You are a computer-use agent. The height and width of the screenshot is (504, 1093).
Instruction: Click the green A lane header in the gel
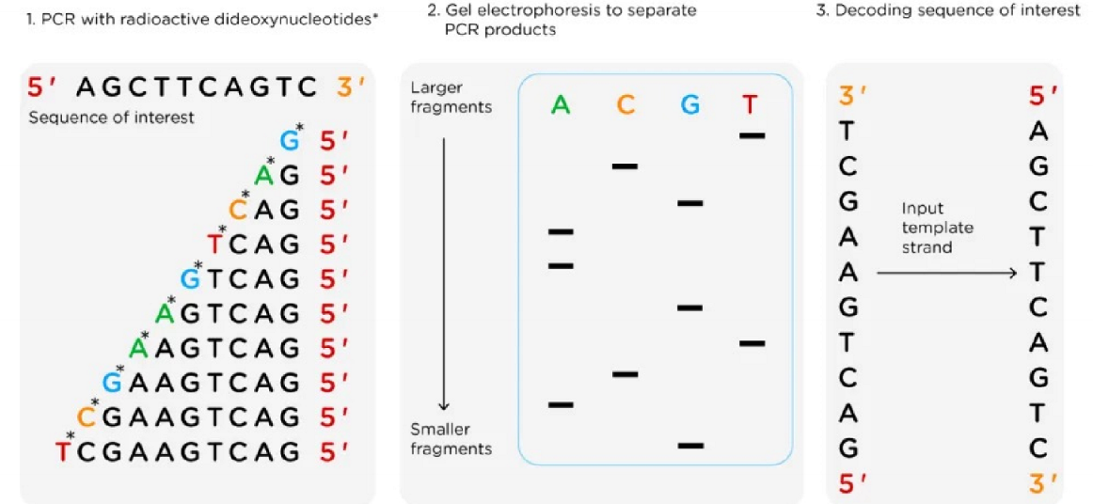[561, 104]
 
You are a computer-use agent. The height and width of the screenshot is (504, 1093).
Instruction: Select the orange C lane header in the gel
[626, 104]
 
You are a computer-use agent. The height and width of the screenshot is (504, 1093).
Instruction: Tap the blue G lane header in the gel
[690, 104]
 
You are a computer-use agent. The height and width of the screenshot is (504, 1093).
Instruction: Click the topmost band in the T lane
[752, 135]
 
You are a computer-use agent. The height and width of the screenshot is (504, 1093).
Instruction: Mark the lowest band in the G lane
[690, 445]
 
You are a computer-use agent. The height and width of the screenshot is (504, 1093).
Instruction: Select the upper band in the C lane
[625, 166]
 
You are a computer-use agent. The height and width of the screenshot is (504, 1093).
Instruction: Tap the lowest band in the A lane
[561, 404]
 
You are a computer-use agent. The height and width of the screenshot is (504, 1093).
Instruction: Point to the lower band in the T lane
[752, 343]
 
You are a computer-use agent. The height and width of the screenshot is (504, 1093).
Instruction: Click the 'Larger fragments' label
[451, 97]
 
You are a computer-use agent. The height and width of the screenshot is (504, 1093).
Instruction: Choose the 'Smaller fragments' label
[451, 439]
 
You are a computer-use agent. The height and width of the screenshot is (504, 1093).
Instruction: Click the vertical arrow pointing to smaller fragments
[445, 273]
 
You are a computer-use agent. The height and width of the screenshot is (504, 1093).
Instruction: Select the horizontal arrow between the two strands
[946, 273]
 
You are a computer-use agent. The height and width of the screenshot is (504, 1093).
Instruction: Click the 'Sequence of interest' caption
[111, 118]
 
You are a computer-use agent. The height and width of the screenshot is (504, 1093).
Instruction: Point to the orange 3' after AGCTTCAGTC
[351, 87]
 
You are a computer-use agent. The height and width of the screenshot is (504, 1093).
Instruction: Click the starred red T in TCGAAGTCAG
[63, 450]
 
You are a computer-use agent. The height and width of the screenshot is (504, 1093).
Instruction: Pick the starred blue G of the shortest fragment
[290, 141]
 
